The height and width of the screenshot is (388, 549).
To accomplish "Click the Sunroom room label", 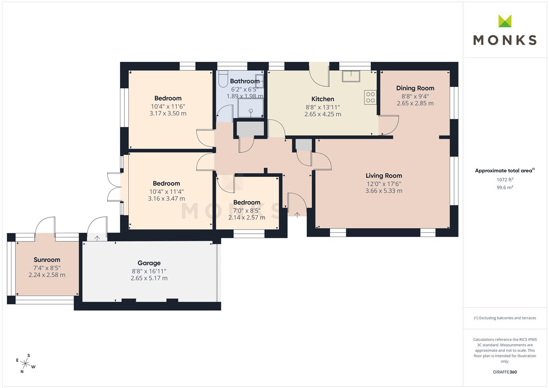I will [47, 260].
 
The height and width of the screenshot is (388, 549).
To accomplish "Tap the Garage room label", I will [149, 263].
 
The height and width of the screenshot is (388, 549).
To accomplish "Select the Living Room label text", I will [384, 176].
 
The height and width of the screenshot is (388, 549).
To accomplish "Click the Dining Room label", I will [415, 88].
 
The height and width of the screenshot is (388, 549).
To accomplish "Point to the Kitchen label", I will [322, 99].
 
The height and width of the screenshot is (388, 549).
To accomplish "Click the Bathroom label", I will [244, 81].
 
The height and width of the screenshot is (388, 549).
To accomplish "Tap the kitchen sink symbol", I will [351, 76].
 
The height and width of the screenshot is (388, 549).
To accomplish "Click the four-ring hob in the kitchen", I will [370, 97].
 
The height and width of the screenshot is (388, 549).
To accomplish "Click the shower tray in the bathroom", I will [251, 108].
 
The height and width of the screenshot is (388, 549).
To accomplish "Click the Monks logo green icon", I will [505, 21].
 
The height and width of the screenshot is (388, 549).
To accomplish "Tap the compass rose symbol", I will [26, 364].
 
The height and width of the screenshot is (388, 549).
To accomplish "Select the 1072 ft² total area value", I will [505, 180].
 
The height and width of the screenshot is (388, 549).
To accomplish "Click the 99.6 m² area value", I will [505, 188].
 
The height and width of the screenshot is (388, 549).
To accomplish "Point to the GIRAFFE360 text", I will [505, 372].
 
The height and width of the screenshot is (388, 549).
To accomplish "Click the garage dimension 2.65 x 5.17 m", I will [149, 278].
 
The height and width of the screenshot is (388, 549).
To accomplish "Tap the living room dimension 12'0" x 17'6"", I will [384, 184].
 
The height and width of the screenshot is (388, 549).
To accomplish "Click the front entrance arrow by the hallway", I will [297, 215].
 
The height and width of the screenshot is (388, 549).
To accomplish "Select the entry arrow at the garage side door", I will [97, 238].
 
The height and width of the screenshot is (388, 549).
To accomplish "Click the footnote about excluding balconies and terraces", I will [505, 318].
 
